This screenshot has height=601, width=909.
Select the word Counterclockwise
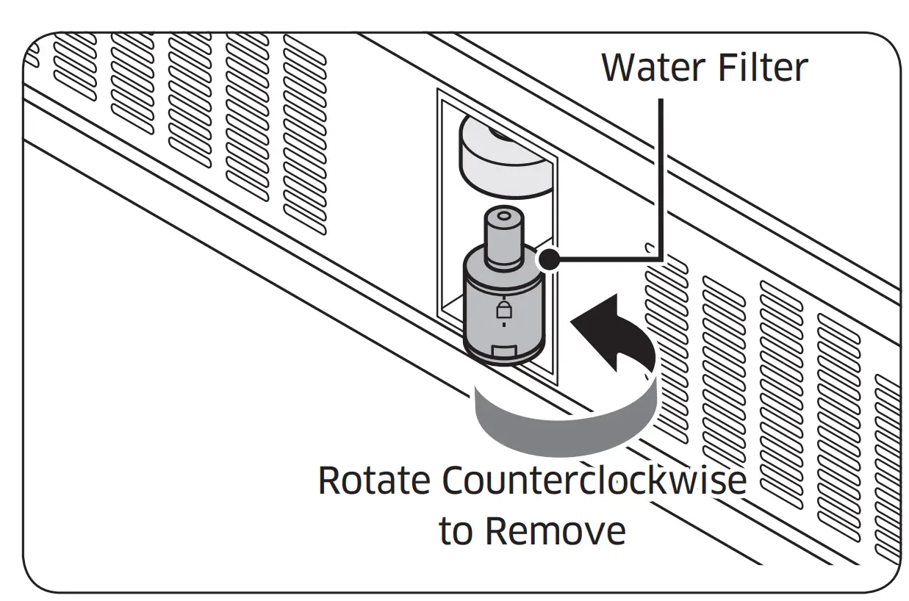point(594,482)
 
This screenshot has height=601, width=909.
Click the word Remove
point(556,530)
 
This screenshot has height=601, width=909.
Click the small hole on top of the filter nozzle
point(502,219)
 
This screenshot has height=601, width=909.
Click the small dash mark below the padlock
point(503,323)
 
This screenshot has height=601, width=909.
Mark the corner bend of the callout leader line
point(662,258)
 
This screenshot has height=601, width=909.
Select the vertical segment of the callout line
point(662,176)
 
